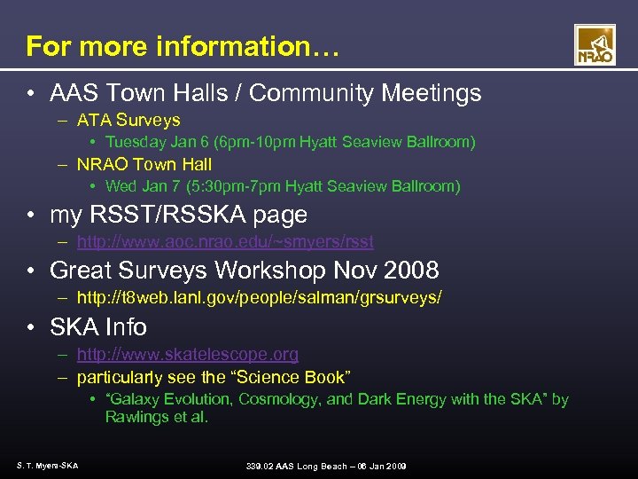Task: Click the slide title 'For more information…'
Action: coord(182,46)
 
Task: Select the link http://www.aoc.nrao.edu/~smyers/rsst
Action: coord(225,241)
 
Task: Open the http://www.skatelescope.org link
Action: coord(188,355)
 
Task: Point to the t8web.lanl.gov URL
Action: coord(259,298)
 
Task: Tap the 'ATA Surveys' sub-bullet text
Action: coord(128,120)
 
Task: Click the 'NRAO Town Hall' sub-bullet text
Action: coord(144,164)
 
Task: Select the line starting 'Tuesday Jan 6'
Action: coord(290,142)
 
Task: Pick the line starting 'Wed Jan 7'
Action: coord(283,186)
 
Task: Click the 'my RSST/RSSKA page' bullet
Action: coord(178,215)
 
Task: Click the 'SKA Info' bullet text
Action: coord(98,327)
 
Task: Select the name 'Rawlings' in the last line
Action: coord(136,417)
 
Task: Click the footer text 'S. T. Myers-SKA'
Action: coord(47,466)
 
